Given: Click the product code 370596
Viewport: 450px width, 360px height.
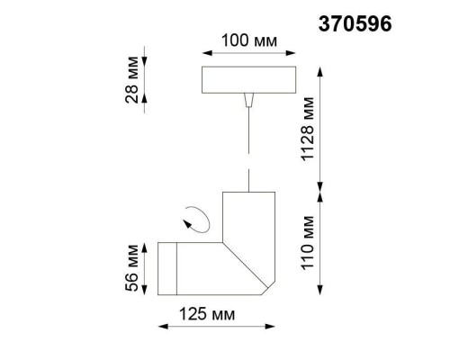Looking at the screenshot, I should coord(356,24).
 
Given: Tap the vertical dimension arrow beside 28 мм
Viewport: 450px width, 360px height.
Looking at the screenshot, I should coord(146,84).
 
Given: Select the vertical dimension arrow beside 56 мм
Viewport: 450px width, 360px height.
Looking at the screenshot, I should coord(146,267).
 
